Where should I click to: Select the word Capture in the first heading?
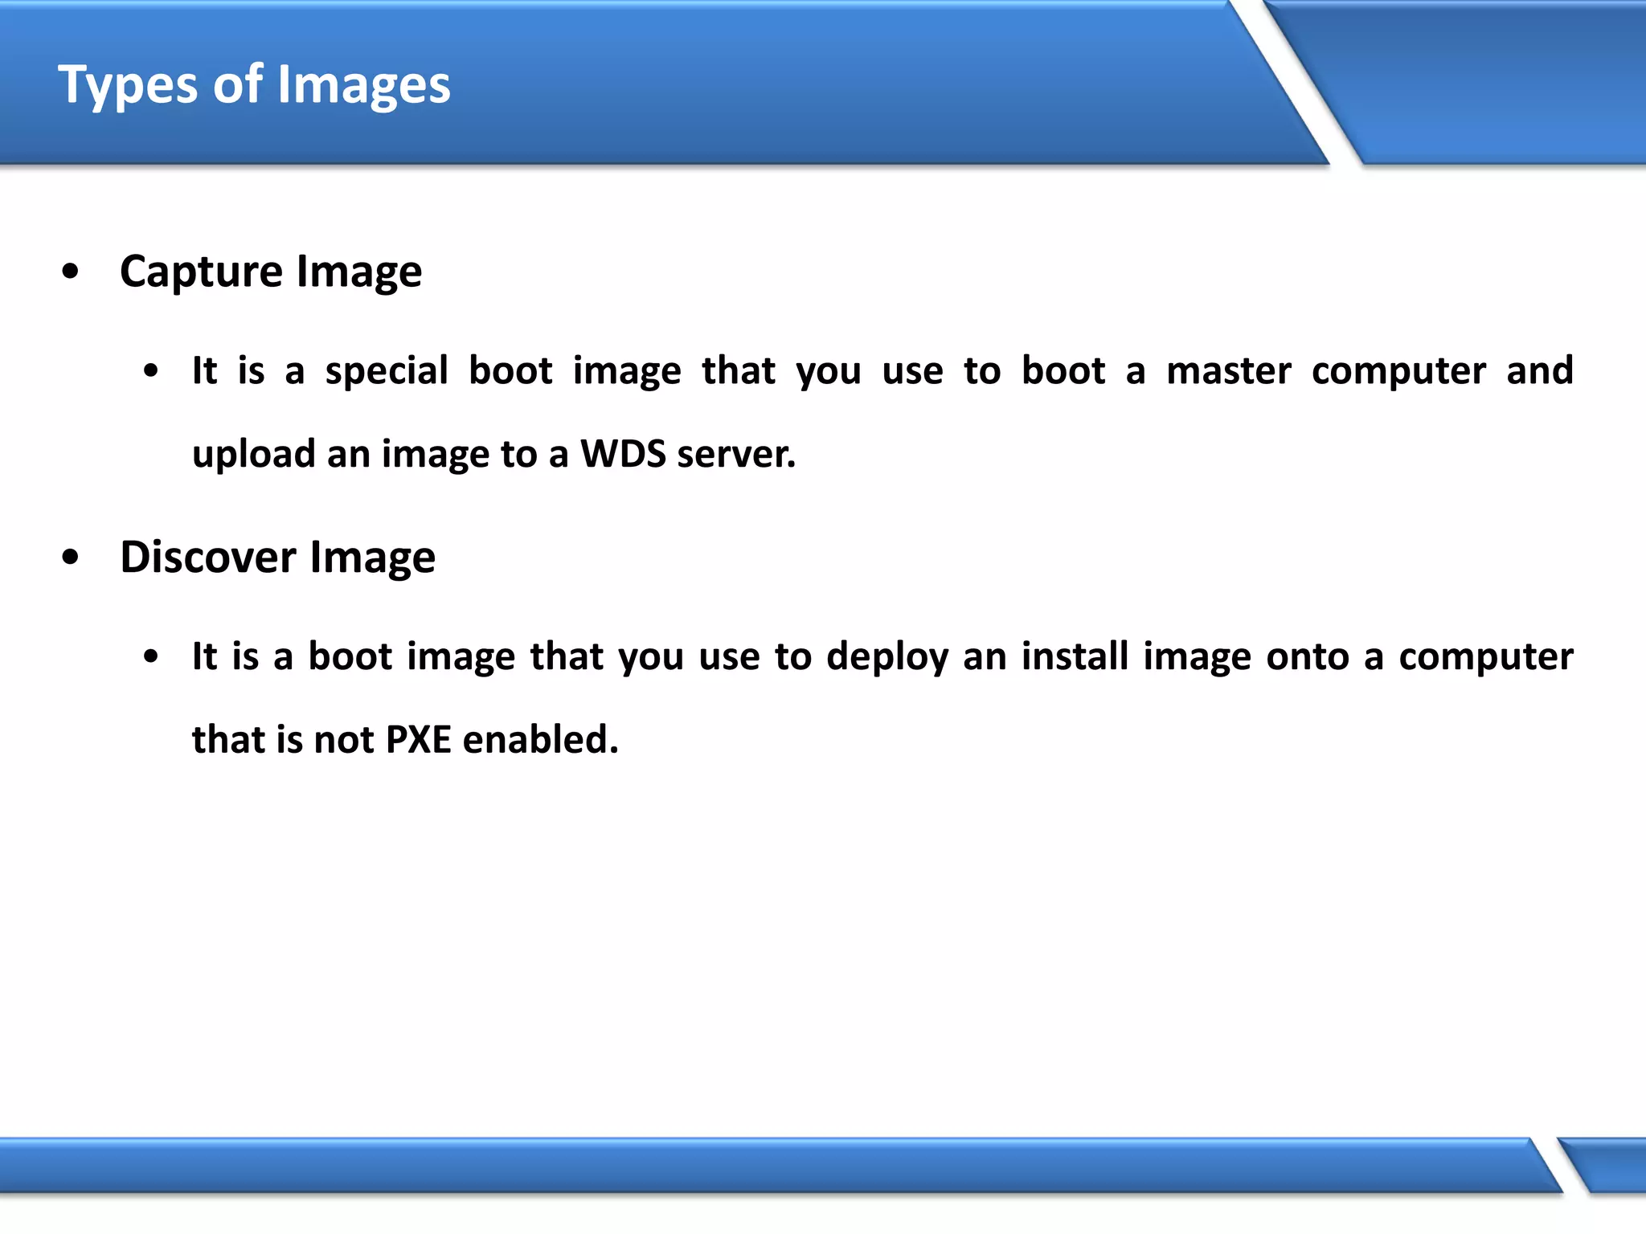pos(201,272)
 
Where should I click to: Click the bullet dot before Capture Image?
pos(71,272)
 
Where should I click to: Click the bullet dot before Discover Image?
pos(71,557)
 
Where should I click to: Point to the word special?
pos(387,371)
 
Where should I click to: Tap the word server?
pos(735,454)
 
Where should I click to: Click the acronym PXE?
pos(418,739)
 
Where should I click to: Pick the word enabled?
pos(540,739)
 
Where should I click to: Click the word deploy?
pos(887,657)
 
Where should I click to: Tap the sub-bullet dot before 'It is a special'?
pos(150,371)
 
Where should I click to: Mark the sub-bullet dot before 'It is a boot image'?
pos(150,657)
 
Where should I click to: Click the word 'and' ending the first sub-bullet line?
pos(1539,371)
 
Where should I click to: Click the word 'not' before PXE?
pos(344,739)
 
